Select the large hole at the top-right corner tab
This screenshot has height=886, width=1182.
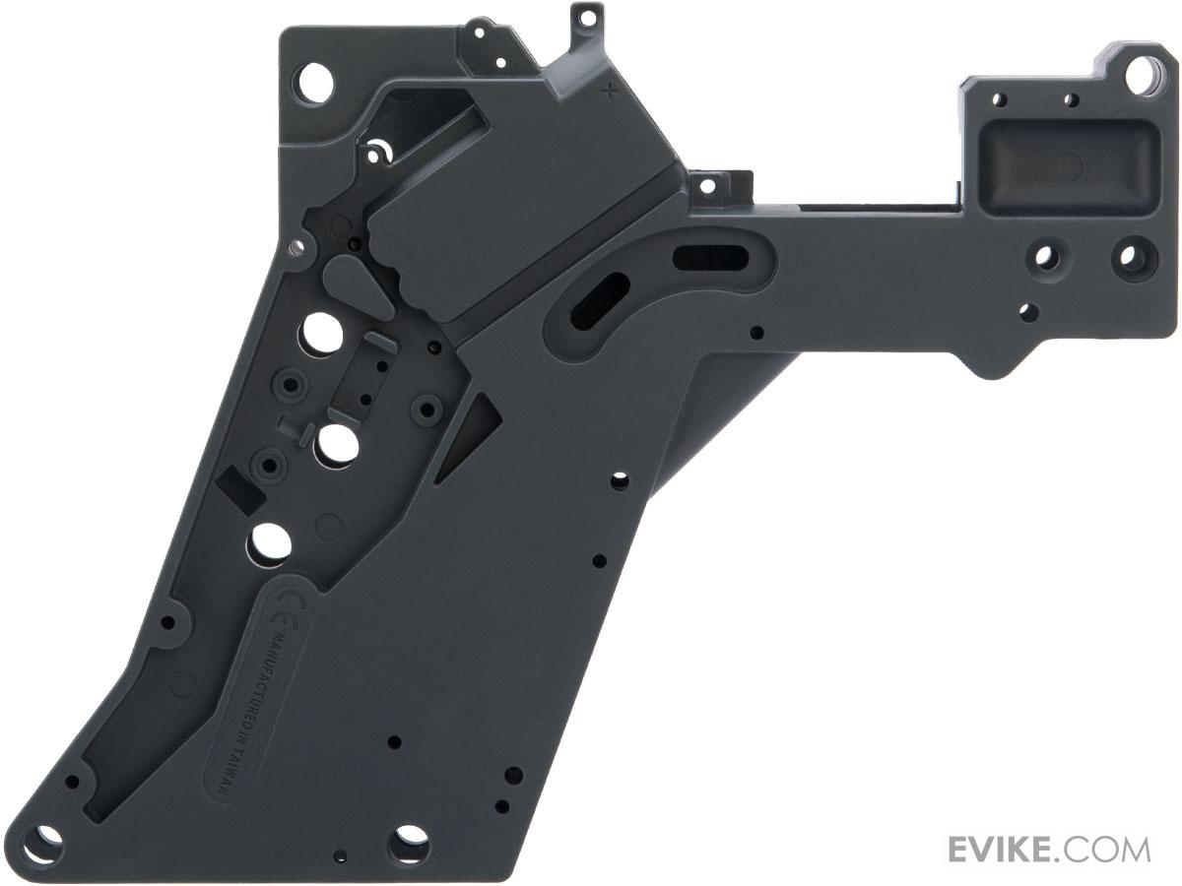click(x=1141, y=77)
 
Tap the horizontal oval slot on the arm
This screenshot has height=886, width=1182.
click(x=710, y=259)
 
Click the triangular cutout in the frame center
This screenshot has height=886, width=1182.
click(x=468, y=437)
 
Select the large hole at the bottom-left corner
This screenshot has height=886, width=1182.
click(x=43, y=845)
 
